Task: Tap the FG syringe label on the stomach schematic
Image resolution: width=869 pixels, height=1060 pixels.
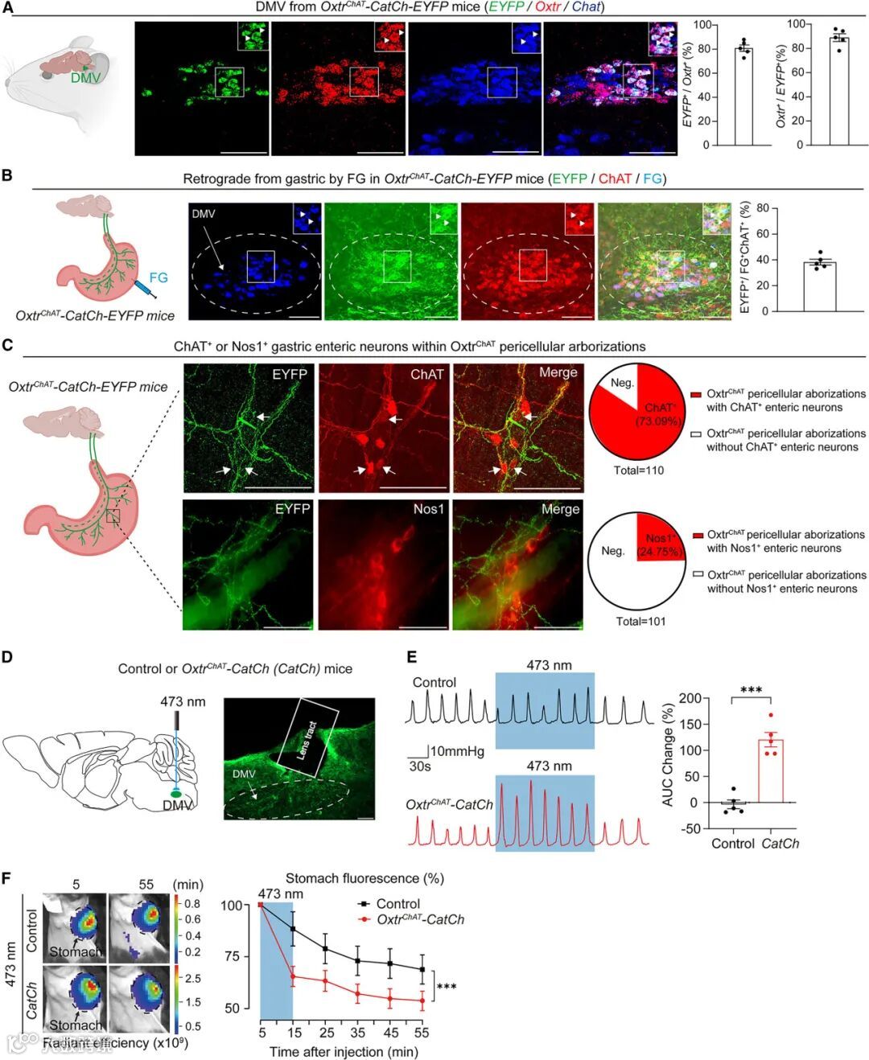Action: coord(159,277)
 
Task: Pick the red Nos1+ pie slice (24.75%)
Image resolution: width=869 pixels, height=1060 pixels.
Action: coord(657,532)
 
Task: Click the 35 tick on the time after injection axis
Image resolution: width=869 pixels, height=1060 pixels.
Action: coord(357,1033)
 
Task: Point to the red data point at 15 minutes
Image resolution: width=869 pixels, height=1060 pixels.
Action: coord(293,977)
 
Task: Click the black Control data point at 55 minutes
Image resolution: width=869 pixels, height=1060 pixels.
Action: coord(421,969)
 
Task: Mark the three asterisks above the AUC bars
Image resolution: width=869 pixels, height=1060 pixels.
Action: coord(751,691)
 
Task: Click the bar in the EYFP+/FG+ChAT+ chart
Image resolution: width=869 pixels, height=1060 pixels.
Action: coord(819,286)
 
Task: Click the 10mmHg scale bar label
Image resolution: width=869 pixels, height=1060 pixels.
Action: coord(457,751)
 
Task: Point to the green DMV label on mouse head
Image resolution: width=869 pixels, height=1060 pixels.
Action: coord(86,78)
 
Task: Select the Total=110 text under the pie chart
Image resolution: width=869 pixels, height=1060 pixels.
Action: coord(639,470)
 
